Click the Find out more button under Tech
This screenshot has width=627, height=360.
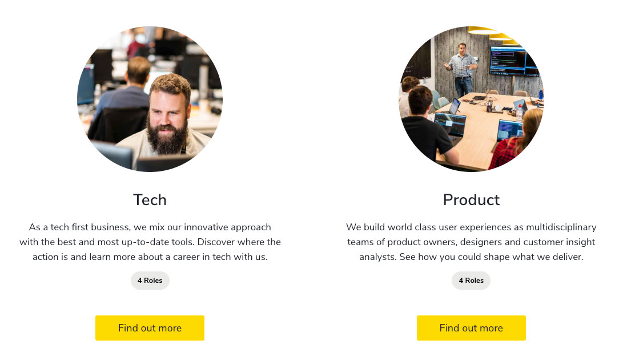tap(150, 328)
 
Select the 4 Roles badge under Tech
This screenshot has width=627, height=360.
tap(150, 281)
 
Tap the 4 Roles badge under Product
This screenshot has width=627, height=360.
tap(471, 281)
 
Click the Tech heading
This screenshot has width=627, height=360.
tap(150, 199)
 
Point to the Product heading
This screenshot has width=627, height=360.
tap(471, 199)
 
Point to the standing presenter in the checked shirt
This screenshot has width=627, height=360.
tap(462, 69)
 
